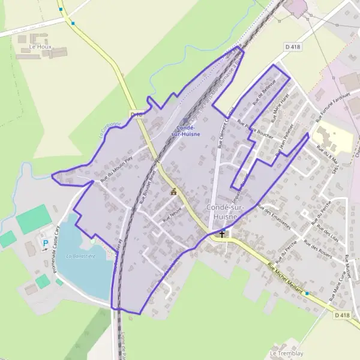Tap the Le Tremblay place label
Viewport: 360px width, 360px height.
click(x=286, y=353)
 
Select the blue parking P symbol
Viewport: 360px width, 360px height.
click(x=45, y=243)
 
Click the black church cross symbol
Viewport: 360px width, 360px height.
click(x=222, y=234)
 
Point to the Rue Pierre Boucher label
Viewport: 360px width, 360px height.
click(x=256, y=129)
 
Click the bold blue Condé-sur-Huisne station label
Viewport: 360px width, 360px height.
click(x=190, y=131)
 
